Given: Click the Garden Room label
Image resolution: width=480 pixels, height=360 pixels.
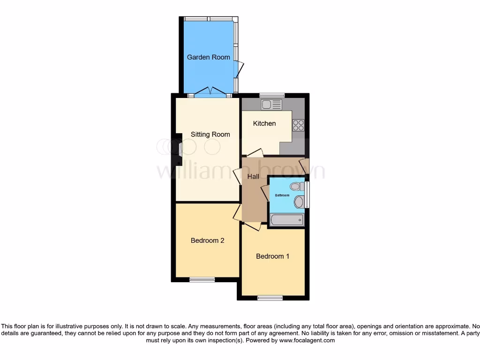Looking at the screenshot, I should pyautogui.click(x=209, y=57).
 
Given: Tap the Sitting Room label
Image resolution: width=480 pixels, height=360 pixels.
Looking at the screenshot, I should pyautogui.click(x=210, y=135).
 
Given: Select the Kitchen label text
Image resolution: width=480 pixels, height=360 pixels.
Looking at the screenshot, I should pyautogui.click(x=264, y=124).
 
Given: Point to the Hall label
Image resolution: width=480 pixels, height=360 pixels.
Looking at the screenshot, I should pyautogui.click(x=253, y=177).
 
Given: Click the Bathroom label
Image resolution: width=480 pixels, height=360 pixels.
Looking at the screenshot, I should pyautogui.click(x=282, y=195).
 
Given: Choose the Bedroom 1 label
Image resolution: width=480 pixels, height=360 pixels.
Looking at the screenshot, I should pyautogui.click(x=272, y=256).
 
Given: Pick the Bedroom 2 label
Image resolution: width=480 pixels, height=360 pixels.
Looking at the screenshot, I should pyautogui.click(x=207, y=240).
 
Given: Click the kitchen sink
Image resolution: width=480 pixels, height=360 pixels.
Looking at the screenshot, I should pyautogui.click(x=271, y=105).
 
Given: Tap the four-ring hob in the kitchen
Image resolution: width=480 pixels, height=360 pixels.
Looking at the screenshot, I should pyautogui.click(x=298, y=125).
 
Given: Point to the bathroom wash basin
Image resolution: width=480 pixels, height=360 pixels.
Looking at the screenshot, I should pyautogui.click(x=299, y=202).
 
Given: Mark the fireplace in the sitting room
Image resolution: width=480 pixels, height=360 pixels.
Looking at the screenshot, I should pyautogui.click(x=179, y=149).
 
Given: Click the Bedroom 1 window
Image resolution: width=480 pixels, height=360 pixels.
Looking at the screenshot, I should pyautogui.click(x=270, y=297).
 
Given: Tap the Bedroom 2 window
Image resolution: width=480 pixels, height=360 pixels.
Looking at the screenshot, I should pyautogui.click(x=202, y=280).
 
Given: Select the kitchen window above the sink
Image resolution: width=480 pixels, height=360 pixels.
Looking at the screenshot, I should pyautogui.click(x=272, y=95).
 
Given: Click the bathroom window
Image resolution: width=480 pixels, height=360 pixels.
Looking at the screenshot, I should pyautogui.click(x=307, y=195).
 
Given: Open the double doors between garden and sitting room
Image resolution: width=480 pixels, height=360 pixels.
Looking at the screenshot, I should pyautogui.click(x=210, y=91).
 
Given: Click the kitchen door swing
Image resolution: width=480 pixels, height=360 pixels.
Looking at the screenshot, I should pyautogui.click(x=255, y=153).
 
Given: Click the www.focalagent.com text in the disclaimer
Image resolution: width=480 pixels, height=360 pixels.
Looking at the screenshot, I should pyautogui.click(x=307, y=340).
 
